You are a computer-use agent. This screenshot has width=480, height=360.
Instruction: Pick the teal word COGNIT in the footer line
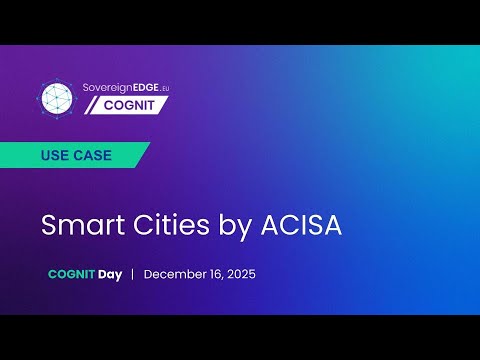(71, 274)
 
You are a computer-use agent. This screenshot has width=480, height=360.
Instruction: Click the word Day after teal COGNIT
(110, 274)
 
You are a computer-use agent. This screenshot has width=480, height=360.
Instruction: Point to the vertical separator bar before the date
(133, 274)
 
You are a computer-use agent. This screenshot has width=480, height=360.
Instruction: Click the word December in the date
(176, 274)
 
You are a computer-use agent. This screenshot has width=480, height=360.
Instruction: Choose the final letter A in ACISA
(332, 225)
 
